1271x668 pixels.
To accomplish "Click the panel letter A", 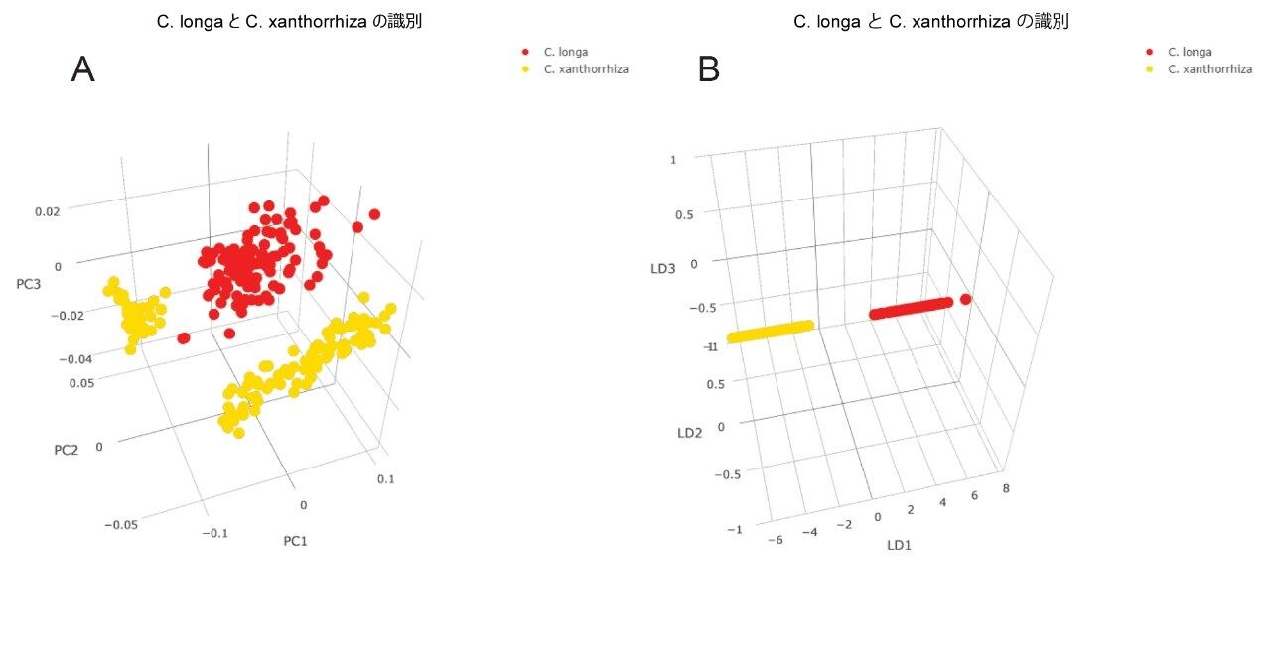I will coord(83,69).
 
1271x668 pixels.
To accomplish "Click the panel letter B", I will coord(709,69).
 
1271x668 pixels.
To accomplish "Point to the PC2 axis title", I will coord(66,450).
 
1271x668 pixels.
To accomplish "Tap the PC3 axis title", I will coord(29,285).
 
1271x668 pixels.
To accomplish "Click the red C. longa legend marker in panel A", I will coord(524,52).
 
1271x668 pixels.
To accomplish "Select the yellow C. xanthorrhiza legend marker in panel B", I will coord(1150,69).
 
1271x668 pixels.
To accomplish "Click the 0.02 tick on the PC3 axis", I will coord(47,211).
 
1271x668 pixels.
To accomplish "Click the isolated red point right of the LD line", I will coord(965,300).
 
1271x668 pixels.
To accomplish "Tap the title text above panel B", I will coord(930,21).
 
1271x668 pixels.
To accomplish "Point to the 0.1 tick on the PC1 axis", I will coord(385,479).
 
